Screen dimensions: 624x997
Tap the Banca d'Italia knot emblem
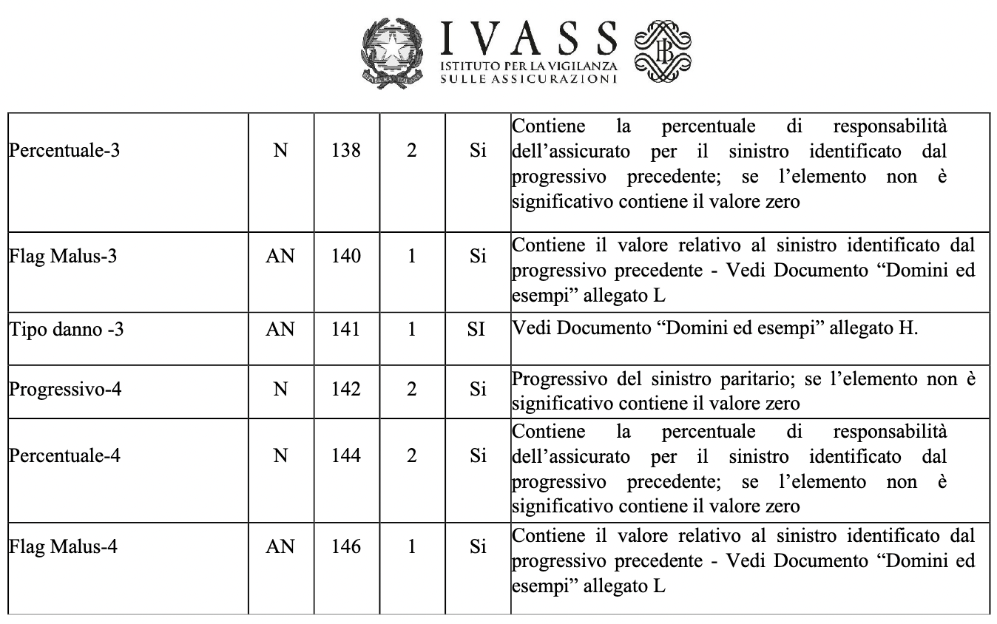[663, 50]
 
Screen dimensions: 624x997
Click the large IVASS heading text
[528, 39]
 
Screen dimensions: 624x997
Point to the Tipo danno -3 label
[66, 329]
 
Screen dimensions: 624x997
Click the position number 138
[346, 150]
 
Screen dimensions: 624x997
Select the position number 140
[346, 257]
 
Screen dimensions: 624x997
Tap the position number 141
[346, 329]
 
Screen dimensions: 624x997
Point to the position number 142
[346, 389]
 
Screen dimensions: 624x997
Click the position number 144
[346, 455]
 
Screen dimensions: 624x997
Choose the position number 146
[346, 547]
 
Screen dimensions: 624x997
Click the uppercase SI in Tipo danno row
[477, 329]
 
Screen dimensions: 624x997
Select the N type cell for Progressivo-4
[280, 389]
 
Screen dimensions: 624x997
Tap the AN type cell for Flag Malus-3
[280, 257]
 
